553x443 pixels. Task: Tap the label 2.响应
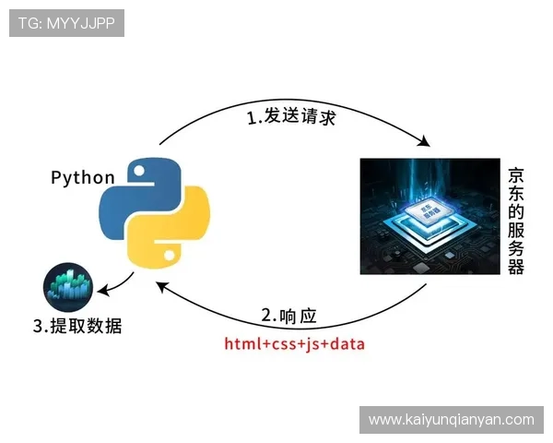click(288, 316)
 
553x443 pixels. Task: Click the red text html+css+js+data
click(294, 344)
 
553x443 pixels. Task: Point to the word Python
click(83, 177)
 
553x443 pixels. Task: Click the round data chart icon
click(68, 287)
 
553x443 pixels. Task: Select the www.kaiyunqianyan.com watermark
click(451, 420)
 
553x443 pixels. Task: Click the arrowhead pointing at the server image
click(426, 142)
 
